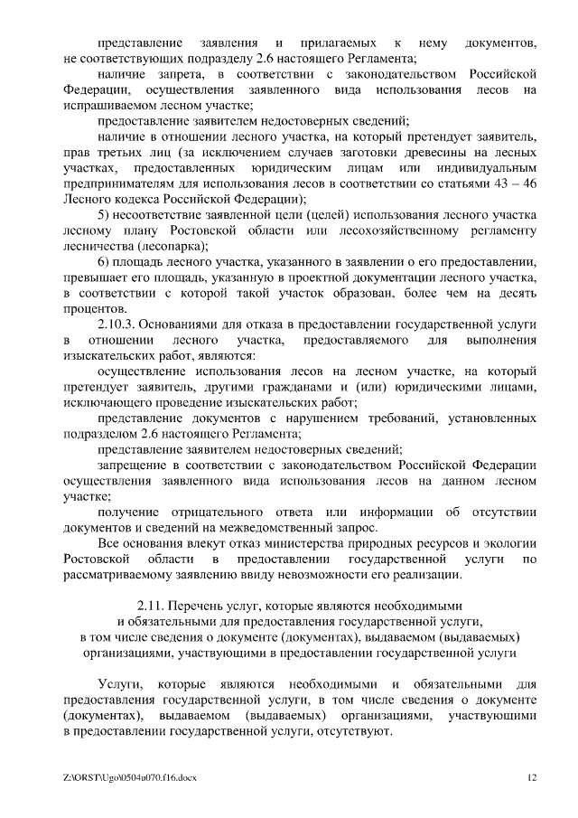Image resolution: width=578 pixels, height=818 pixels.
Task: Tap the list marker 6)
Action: tap(103, 261)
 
